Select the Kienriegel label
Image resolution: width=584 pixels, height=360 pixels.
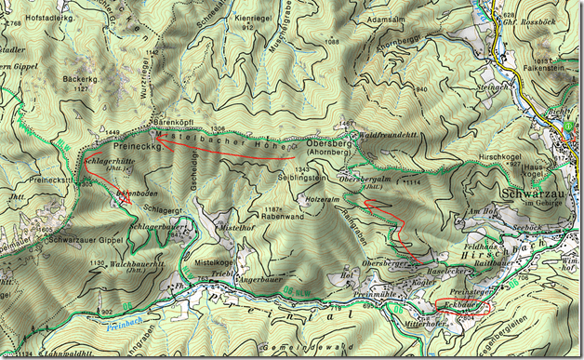pyautogui.click(x=254, y=18)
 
